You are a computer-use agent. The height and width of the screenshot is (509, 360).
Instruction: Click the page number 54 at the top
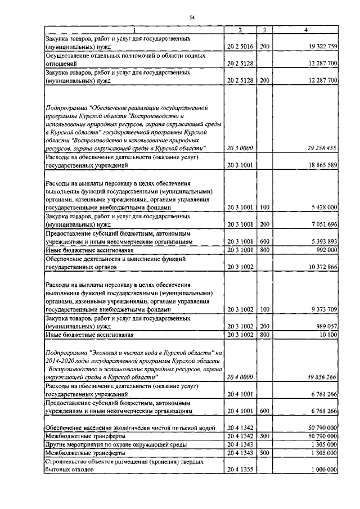pos(191,18)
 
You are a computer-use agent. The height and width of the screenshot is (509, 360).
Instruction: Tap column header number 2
pos(240,29)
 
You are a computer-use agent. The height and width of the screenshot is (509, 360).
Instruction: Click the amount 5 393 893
pos(322,241)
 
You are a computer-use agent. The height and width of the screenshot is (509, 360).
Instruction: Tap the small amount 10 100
pos(327,335)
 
